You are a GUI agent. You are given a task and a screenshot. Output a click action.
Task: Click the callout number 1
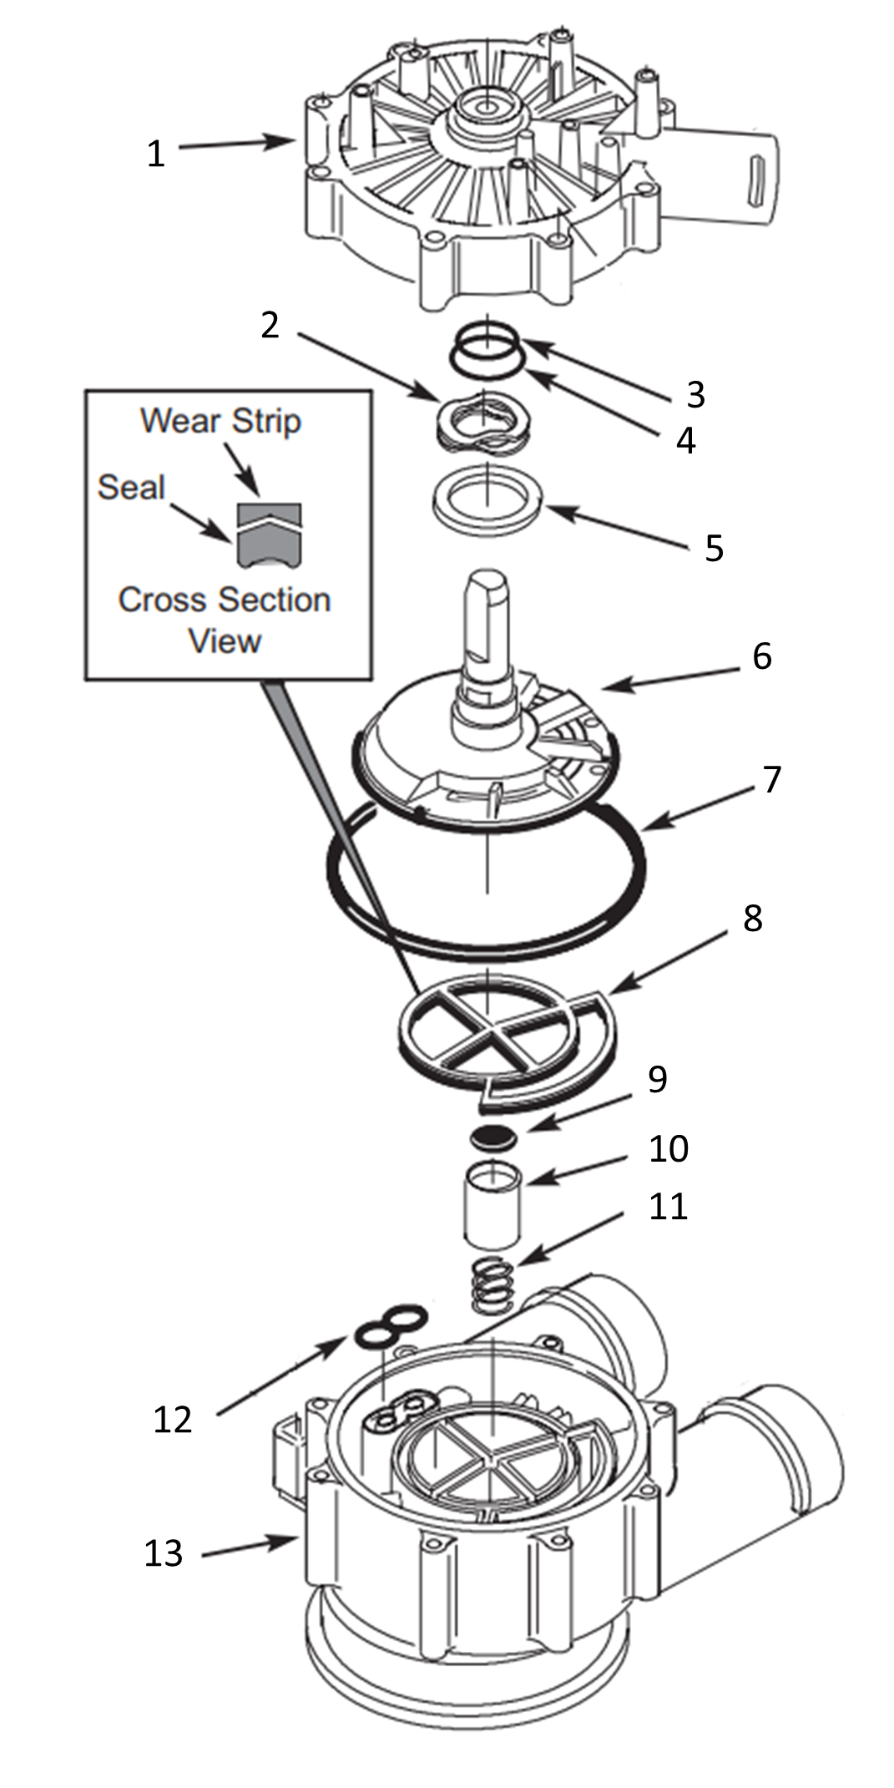[155, 154]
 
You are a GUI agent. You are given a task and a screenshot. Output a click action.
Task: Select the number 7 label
[772, 779]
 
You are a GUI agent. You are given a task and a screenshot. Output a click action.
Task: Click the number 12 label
[173, 1420]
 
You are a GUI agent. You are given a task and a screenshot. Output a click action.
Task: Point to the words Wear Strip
[220, 421]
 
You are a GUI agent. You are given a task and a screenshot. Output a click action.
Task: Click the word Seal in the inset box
[131, 487]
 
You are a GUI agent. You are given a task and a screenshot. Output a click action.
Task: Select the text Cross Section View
[225, 620]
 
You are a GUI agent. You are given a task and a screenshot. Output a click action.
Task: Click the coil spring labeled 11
[492, 1285]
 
